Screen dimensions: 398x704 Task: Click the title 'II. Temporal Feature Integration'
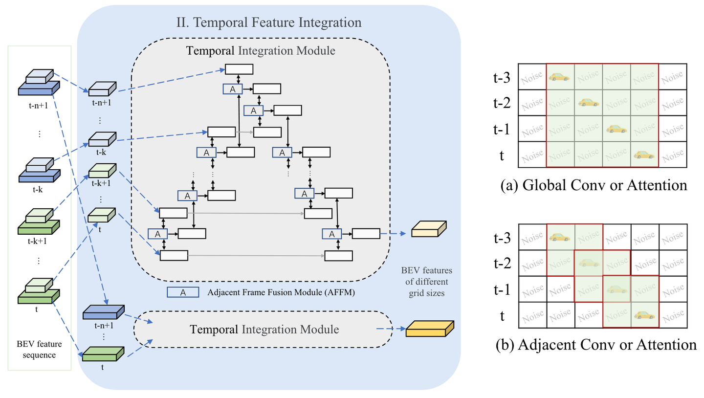click(269, 23)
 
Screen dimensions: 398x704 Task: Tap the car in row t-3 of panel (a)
click(559, 77)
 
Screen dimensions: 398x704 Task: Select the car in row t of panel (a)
click(644, 155)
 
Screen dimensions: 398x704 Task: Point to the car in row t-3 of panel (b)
click(559, 237)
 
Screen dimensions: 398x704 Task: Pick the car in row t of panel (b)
click(644, 315)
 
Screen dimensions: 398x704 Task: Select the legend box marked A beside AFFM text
click(183, 292)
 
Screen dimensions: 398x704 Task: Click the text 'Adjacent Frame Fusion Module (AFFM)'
click(281, 293)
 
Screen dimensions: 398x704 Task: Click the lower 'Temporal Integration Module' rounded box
click(264, 330)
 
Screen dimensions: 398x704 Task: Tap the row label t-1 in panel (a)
click(503, 129)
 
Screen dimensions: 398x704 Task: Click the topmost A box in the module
click(233, 88)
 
